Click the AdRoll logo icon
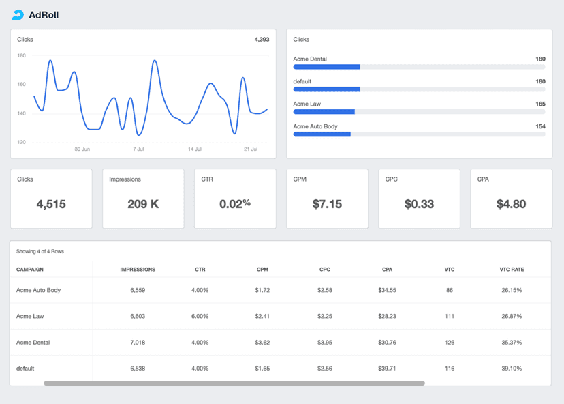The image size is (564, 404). tap(18, 14)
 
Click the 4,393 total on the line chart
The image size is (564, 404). tap(262, 40)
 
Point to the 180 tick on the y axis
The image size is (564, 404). tap(21, 56)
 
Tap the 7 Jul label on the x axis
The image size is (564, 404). tap(138, 149)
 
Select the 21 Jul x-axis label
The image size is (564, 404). tap(251, 149)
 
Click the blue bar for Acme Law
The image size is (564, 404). tap(324, 111)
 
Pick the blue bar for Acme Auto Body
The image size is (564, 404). tap(322, 134)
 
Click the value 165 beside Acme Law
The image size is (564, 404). tap(540, 104)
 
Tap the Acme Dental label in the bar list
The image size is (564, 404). tap(310, 59)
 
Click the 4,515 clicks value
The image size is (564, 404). tap(51, 204)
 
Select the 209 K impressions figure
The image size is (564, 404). tap(143, 204)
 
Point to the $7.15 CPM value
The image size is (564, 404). tap(327, 204)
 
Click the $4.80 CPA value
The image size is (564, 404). tap(511, 204)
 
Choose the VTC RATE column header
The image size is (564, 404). tap(512, 270)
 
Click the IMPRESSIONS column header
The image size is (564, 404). tap(138, 270)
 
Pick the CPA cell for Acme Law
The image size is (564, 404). tap(387, 316)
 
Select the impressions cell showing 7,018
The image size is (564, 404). tap(138, 342)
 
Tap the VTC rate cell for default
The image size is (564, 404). tap(512, 368)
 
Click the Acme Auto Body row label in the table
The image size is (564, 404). tap(38, 290)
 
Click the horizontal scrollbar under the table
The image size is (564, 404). tap(234, 384)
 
